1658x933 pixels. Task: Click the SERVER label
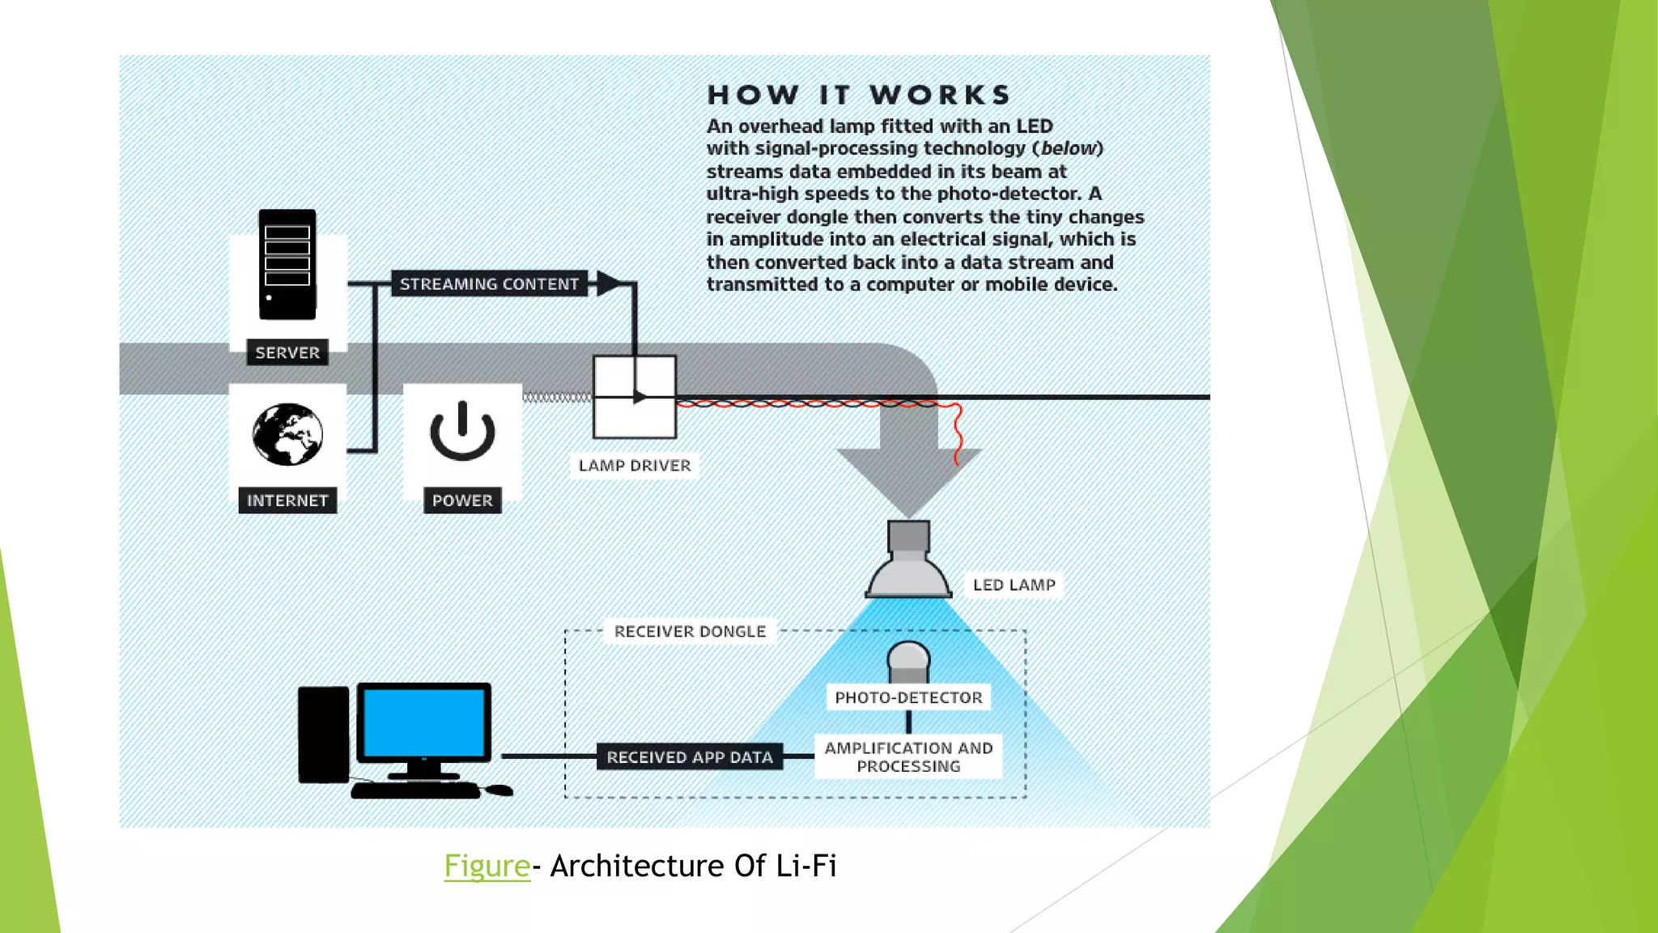287,352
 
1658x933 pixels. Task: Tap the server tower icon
287,264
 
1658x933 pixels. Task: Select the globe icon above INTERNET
287,434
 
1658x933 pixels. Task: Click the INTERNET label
287,501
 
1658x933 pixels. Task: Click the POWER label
462,501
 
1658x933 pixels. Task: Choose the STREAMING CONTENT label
489,284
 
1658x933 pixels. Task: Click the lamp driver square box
635,397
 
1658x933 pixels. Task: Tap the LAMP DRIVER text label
635,466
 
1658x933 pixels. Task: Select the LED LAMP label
1014,585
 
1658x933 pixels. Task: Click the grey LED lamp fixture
908,563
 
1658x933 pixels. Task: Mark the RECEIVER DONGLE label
690,632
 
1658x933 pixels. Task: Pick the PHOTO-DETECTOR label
908,697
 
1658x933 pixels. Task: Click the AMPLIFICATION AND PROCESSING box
908,757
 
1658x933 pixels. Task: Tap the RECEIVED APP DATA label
690,757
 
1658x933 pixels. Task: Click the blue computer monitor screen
423,723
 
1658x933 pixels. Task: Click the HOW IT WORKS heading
860,95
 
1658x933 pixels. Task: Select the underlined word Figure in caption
487,866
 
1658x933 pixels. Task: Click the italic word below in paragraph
1068,148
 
